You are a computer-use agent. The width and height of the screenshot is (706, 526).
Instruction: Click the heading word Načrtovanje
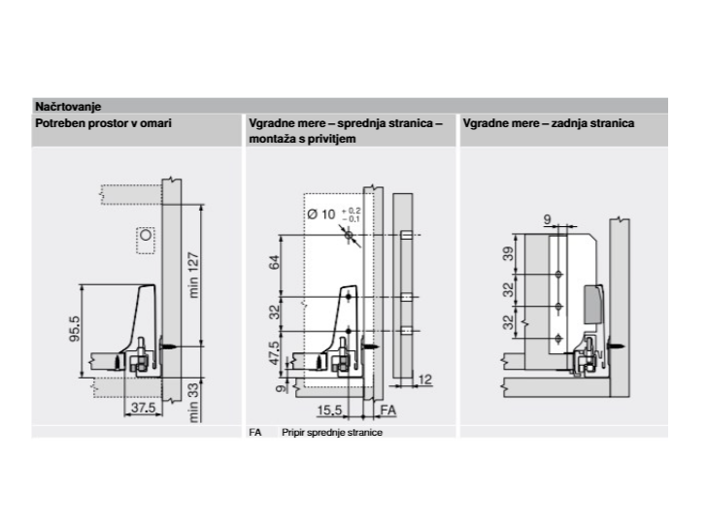point(68,107)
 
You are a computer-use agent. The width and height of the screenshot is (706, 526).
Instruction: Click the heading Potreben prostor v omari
point(103,123)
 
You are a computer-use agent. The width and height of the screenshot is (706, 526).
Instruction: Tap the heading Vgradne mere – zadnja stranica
point(549,123)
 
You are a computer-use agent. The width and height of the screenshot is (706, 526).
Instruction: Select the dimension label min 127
point(193,275)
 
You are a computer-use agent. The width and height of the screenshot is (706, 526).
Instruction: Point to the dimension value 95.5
point(75,328)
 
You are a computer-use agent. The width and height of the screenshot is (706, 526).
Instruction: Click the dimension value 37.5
point(143,408)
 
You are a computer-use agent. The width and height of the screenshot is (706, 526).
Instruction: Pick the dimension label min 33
point(193,402)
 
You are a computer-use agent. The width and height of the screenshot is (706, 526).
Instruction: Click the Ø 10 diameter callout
point(321,214)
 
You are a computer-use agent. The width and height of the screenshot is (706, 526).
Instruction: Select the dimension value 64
point(274,262)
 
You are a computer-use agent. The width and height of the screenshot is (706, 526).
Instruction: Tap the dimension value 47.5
point(274,352)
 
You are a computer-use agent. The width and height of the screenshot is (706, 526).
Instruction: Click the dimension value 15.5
point(329,410)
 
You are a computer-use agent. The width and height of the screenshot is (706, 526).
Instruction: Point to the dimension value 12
point(425,379)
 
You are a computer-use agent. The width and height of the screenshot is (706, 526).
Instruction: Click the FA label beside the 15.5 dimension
point(388,410)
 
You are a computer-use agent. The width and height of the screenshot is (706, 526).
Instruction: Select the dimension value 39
point(508,253)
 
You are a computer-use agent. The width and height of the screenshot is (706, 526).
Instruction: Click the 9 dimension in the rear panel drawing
point(547,219)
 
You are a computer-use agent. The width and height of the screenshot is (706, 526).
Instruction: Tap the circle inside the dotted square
point(146,235)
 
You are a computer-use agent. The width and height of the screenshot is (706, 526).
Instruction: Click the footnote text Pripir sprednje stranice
point(332,433)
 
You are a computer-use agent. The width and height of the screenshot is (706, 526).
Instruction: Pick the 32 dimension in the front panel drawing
point(274,312)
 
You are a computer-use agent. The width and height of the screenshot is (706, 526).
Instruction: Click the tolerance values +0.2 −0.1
point(352,214)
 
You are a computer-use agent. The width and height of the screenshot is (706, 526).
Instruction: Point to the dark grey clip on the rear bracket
point(593,304)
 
